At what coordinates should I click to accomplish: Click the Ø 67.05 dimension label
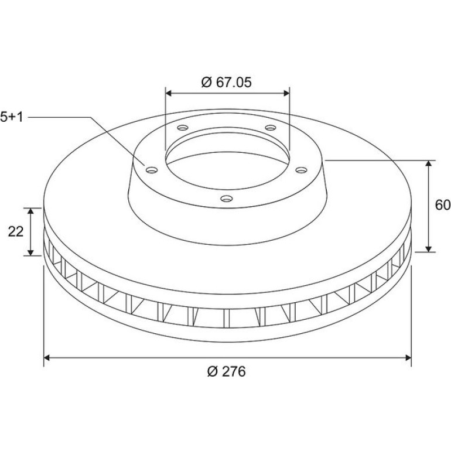coord(226,82)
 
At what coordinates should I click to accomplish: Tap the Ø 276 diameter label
coord(226,371)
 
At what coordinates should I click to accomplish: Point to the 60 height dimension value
coord(443,205)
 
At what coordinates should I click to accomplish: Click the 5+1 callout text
coord(12,117)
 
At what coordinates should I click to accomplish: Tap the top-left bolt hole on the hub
coord(183,128)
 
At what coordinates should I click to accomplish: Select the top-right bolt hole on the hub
coord(271,128)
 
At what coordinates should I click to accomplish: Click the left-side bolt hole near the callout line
coord(152,170)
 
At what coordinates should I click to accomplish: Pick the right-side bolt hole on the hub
coord(301,170)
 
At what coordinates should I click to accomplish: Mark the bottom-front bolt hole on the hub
coord(227,199)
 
